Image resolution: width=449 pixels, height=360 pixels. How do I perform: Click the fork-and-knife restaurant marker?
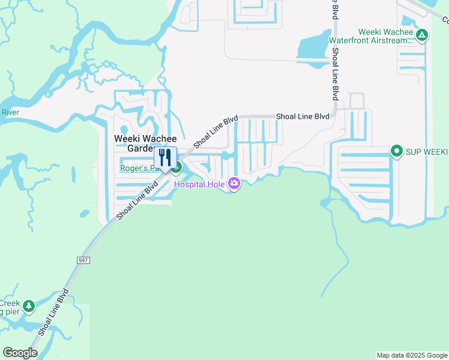pos(166,158)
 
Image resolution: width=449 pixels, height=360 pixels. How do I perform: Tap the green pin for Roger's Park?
pos(178,168)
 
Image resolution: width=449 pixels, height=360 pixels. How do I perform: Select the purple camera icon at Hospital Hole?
pos(234,184)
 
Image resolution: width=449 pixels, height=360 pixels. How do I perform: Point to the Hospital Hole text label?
pos(199,184)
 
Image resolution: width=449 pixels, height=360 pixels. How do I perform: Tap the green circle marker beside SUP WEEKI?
pos(396,151)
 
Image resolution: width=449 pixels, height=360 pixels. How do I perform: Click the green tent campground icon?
pos(422,35)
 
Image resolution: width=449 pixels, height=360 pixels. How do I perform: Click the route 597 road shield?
pos(83,260)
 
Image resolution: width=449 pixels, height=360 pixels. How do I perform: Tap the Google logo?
pos(20,352)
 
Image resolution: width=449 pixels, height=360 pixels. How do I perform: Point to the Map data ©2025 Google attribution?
pos(412,355)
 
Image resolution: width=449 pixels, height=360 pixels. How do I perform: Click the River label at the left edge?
pos(10,112)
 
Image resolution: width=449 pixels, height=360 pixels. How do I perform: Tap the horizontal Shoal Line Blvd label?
pos(303,116)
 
